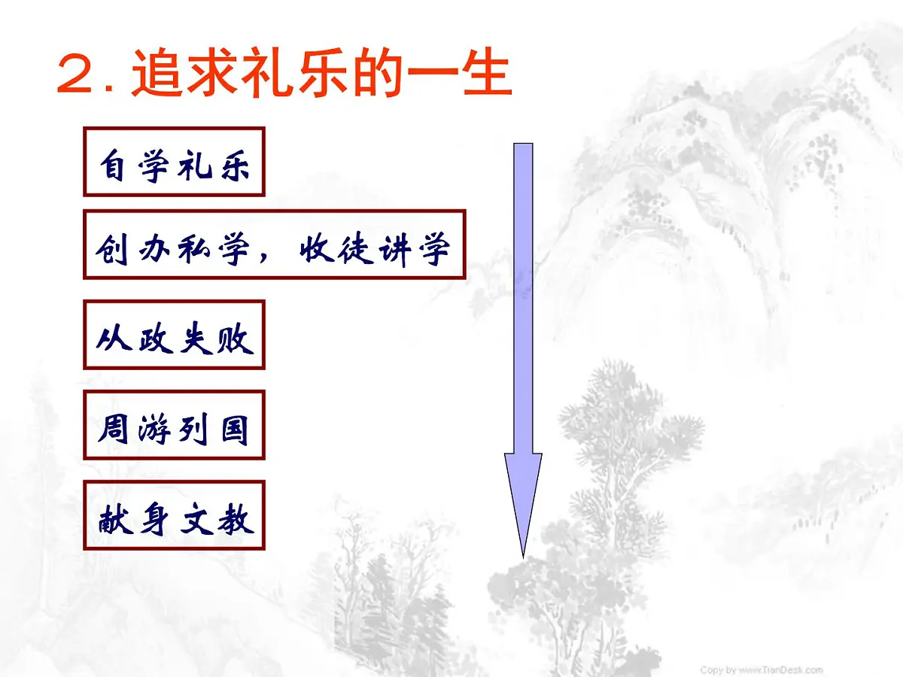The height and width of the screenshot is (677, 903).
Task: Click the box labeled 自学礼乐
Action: click(174, 162)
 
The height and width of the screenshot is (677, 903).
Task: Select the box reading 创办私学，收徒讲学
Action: click(275, 244)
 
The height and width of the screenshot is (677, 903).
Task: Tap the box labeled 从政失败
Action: click(174, 335)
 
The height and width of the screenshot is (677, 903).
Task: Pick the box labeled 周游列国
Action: click(174, 425)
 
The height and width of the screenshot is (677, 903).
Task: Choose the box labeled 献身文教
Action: click(174, 515)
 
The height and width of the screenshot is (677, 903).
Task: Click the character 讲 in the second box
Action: click(394, 245)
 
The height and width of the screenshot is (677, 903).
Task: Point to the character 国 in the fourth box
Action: click(233, 427)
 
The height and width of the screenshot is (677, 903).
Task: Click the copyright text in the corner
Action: click(760, 669)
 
